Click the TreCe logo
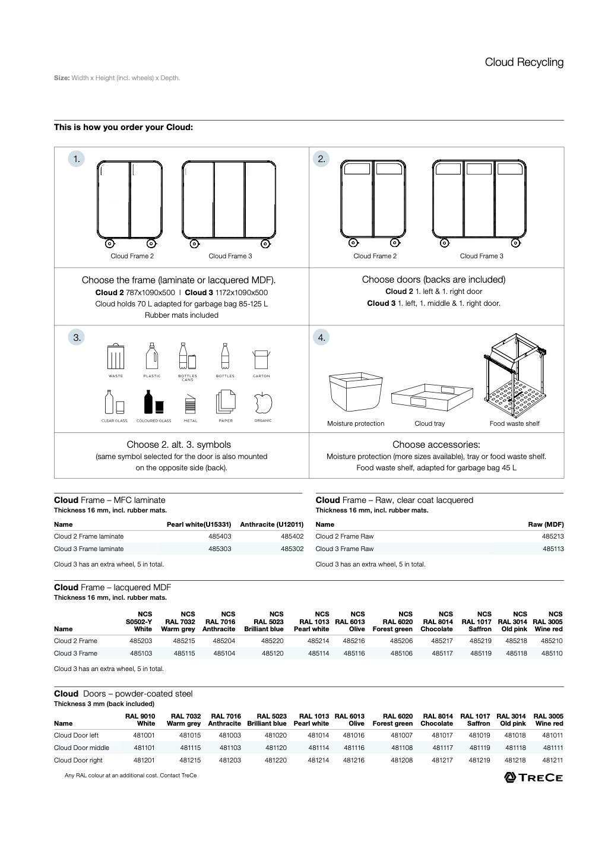(x=533, y=777)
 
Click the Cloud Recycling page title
(x=524, y=62)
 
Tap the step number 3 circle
(x=77, y=337)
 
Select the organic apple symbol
(x=262, y=404)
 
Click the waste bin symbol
(x=116, y=356)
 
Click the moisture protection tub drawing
(x=355, y=391)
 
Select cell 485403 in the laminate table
(x=220, y=536)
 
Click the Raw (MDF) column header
(x=546, y=524)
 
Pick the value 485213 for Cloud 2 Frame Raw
(x=552, y=536)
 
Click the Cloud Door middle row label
(x=81, y=748)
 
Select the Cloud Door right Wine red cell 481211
(x=552, y=760)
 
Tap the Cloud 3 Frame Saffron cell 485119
(x=480, y=653)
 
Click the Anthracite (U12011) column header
(x=271, y=524)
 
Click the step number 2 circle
(x=321, y=159)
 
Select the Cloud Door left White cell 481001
(x=144, y=735)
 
